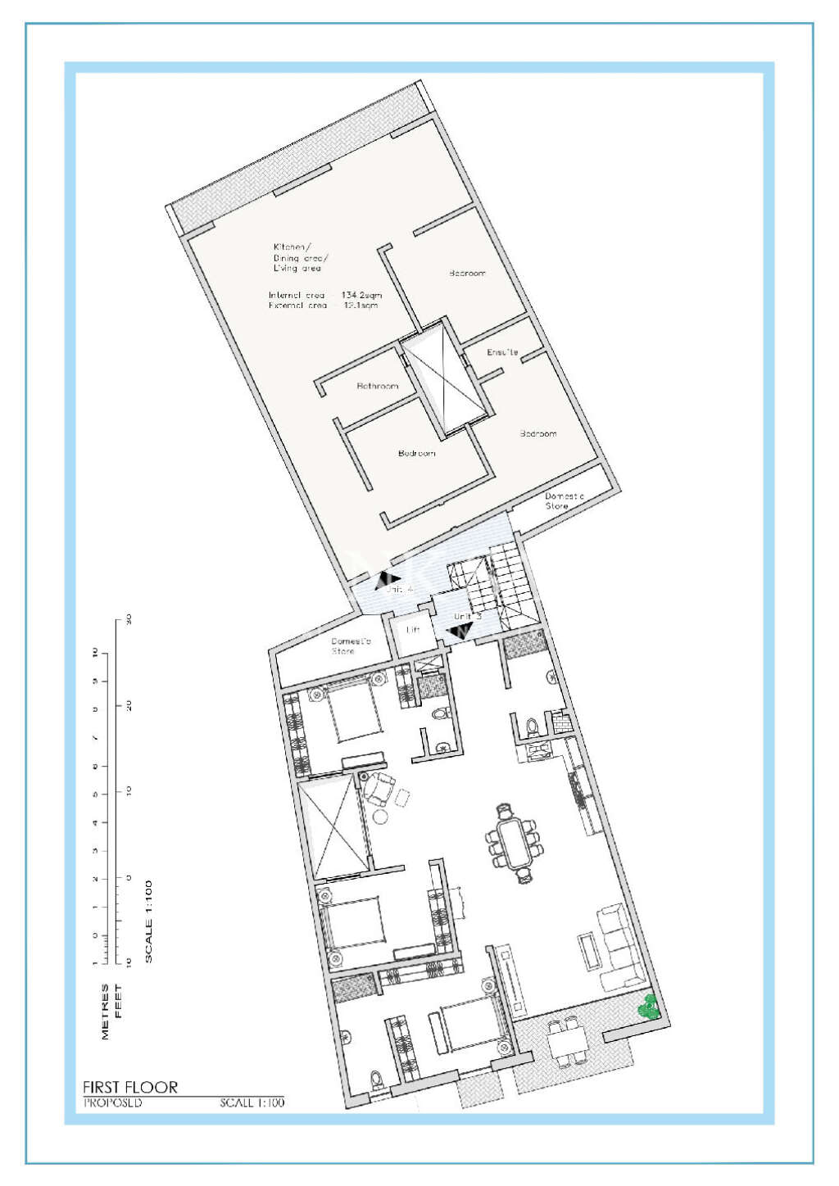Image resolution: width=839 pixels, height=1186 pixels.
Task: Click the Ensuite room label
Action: pos(502,352)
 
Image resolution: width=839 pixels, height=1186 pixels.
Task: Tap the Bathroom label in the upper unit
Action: pos(378,386)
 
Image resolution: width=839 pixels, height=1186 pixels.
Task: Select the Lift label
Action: pos(413,630)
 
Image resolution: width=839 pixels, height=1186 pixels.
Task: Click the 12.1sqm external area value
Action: pos(361,306)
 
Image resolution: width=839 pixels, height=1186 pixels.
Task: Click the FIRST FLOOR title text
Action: pos(130,1087)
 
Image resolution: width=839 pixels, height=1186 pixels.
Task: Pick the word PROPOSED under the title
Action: pos(113,1103)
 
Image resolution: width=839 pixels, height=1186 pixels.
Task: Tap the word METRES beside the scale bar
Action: pos(105,1012)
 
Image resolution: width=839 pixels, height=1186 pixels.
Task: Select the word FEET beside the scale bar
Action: pos(119,1001)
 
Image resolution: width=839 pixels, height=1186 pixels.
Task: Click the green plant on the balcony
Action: pos(649,1007)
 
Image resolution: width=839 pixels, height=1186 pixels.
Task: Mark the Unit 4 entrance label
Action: pos(399,589)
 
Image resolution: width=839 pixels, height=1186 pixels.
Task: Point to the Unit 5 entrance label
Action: pos(467,616)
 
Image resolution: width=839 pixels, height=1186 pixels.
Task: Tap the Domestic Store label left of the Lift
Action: pos(351,645)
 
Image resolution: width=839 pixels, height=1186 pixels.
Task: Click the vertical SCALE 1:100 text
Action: pos(148,921)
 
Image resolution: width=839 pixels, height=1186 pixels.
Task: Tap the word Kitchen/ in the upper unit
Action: pos(292,247)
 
